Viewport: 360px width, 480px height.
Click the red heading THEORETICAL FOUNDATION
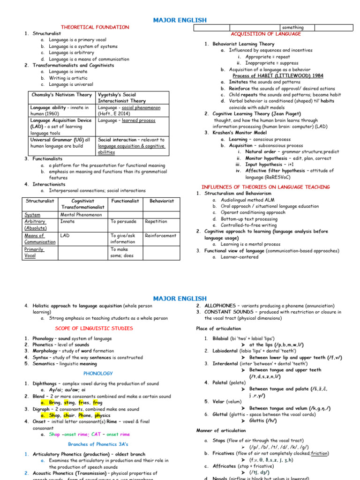(95, 27)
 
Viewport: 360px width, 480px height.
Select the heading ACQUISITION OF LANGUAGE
(266, 34)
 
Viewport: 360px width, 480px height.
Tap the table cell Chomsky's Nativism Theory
(61, 95)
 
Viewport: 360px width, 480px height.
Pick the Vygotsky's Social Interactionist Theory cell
(121, 97)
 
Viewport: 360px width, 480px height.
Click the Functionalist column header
(125, 201)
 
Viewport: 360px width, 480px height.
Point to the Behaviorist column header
(161, 201)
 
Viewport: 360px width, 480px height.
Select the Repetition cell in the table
(156, 222)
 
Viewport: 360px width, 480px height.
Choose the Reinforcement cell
(160, 236)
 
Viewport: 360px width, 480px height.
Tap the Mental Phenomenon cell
(81, 215)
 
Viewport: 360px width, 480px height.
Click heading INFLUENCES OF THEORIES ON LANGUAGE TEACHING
(265, 187)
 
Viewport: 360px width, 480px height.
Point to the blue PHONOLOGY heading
(98, 374)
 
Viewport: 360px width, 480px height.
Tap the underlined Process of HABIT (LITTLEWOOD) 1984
(277, 75)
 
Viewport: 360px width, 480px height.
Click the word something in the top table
(292, 28)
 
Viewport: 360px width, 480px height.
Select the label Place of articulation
(218, 329)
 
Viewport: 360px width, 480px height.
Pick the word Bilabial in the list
(220, 338)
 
